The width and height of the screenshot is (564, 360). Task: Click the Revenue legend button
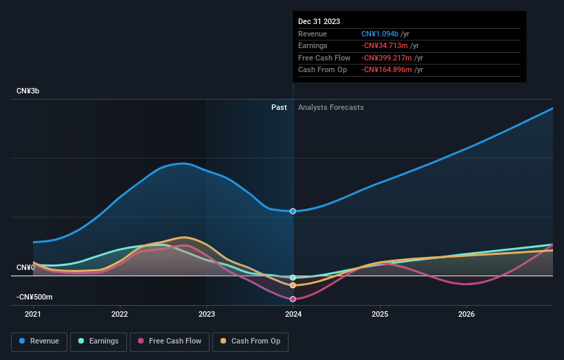click(x=39, y=341)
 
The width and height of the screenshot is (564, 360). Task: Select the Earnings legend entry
click(x=98, y=341)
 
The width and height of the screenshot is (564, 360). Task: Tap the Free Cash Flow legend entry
click(x=170, y=341)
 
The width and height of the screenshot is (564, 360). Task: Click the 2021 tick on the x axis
click(x=33, y=315)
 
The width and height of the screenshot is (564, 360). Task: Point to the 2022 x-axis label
click(x=120, y=315)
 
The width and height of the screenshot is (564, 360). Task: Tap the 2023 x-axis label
click(x=206, y=315)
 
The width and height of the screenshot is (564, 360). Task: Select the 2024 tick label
click(x=293, y=315)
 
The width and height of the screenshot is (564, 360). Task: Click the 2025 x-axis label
click(x=380, y=315)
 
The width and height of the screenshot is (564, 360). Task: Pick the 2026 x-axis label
click(x=466, y=315)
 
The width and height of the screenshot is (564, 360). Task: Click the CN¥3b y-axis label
click(x=30, y=91)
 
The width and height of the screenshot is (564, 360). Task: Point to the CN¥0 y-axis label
click(x=25, y=267)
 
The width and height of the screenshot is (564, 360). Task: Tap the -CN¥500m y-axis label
click(x=34, y=297)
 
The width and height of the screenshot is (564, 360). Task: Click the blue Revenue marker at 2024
click(x=293, y=211)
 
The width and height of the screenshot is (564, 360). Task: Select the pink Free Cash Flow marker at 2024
click(x=293, y=299)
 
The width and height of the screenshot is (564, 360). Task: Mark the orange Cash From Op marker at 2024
click(x=293, y=285)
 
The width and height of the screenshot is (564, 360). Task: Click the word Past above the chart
click(x=279, y=107)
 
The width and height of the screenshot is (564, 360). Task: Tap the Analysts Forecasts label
click(x=330, y=107)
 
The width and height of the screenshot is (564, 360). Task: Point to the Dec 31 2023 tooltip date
click(x=319, y=21)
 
